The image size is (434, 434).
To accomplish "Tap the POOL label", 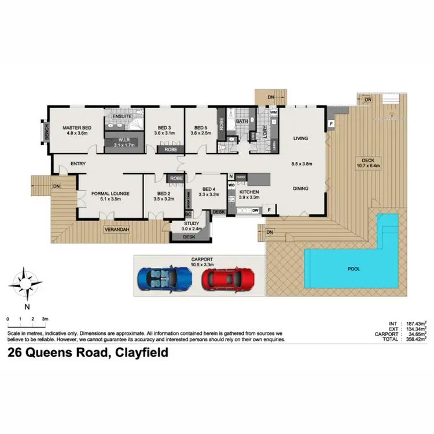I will pos(353,269).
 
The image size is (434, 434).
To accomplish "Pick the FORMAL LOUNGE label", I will pos(110,193).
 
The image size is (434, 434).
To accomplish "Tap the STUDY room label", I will pos(191,223).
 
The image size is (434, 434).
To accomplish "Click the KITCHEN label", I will pos(250,192).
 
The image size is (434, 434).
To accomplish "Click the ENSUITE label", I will pos(122,116).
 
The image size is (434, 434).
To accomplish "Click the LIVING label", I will pos(300,138).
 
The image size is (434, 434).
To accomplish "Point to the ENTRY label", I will pos(78,164).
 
